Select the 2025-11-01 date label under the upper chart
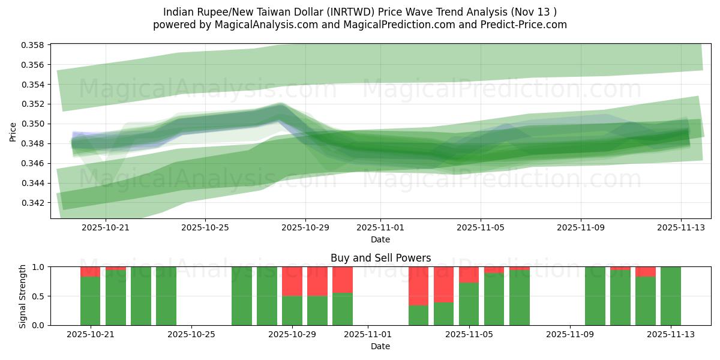point(380,228)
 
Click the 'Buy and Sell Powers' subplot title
point(380,259)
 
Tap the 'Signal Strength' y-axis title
point(22,296)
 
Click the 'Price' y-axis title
point(13,131)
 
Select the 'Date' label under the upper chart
point(380,239)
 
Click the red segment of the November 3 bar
point(418,286)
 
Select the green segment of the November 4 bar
point(443,314)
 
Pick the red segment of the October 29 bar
point(292,281)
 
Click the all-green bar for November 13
point(670,296)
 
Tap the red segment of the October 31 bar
point(343,279)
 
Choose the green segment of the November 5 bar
point(469,304)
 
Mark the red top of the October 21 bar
point(90,271)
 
